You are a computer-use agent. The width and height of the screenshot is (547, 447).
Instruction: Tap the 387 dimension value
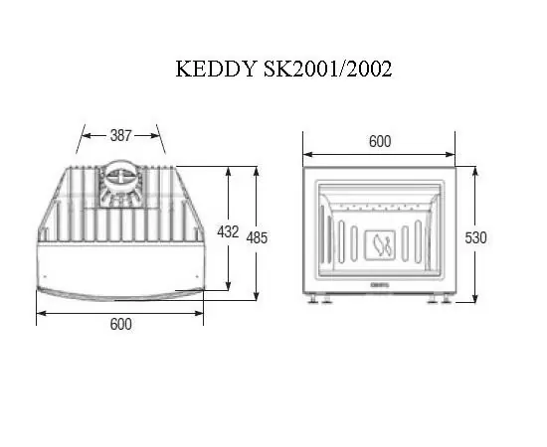click(121, 133)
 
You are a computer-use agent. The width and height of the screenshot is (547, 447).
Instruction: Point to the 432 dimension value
click(227, 232)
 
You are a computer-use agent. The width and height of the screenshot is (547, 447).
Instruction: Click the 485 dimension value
click(257, 237)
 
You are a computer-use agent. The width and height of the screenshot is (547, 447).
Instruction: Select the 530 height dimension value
click(477, 237)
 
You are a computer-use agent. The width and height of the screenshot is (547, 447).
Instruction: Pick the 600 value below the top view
click(120, 324)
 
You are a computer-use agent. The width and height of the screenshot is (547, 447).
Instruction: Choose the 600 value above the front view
click(379, 141)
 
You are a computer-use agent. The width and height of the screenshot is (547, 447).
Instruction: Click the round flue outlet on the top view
click(120, 181)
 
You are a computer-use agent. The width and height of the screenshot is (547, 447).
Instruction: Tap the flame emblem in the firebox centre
click(379, 241)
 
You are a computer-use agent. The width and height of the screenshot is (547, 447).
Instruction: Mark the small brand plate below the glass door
click(379, 286)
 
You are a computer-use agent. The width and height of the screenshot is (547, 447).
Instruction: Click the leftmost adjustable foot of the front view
click(314, 299)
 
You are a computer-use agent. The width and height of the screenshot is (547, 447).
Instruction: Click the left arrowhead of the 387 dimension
click(82, 133)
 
